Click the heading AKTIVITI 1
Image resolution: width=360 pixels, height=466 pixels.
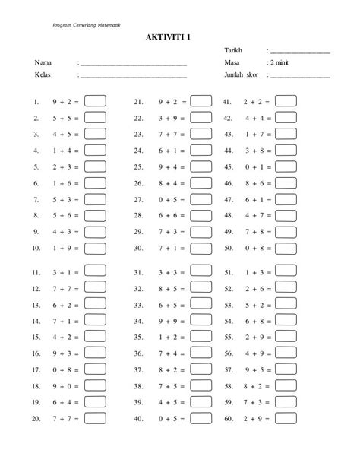(180, 36)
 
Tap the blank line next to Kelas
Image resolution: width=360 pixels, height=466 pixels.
(134, 77)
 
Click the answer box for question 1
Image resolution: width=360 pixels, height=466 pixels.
(95, 100)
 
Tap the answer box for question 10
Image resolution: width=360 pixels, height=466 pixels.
(95, 248)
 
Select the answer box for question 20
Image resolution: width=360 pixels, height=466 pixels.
(95, 419)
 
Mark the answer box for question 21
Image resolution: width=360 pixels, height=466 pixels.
(201, 100)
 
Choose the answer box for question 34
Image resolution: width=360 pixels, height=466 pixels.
(201, 321)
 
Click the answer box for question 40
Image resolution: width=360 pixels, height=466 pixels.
(201, 419)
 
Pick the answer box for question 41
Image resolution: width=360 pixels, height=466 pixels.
(286, 100)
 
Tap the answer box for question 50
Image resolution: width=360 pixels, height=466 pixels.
(286, 248)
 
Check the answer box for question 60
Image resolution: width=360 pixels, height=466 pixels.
(286, 419)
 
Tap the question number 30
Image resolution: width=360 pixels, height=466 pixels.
(138, 249)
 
